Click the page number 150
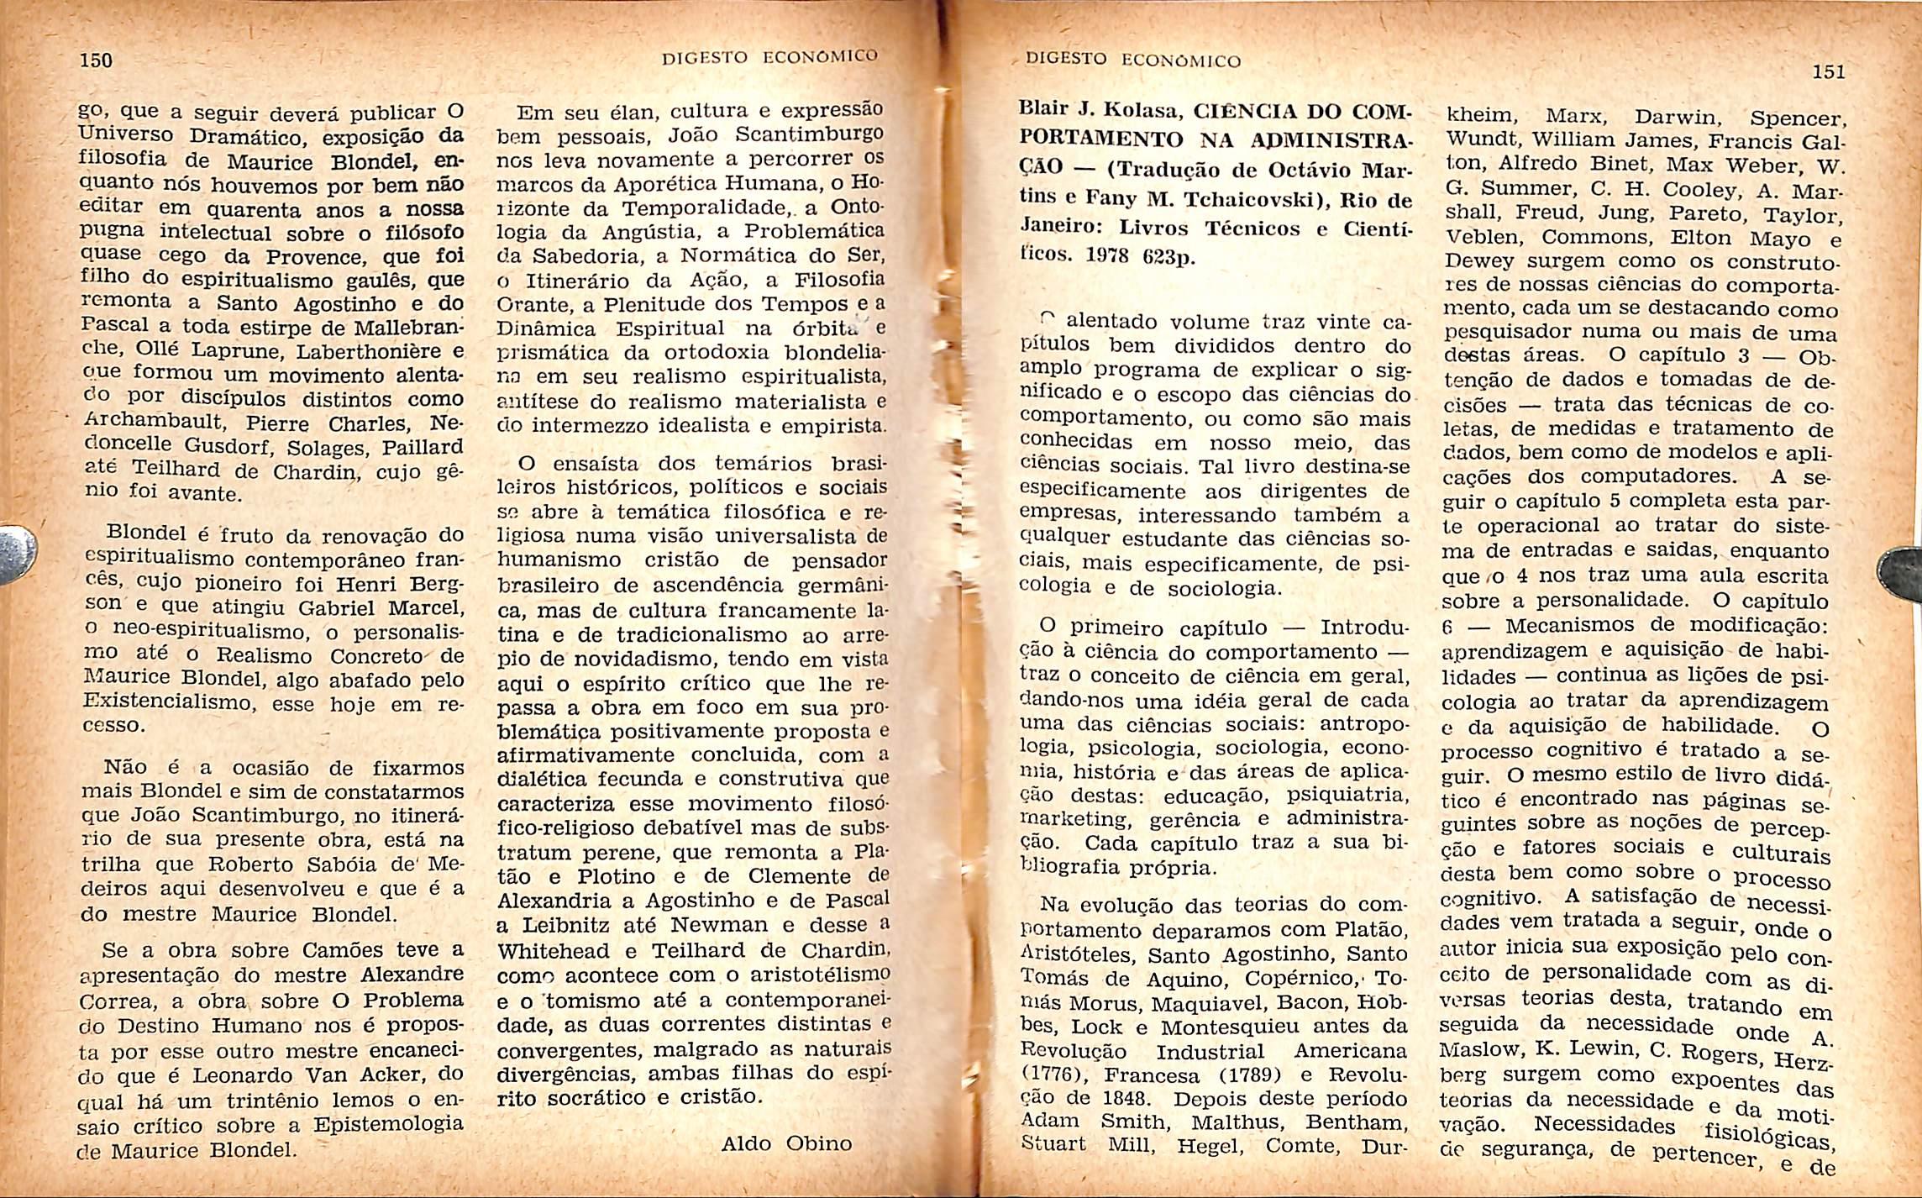tap(95, 60)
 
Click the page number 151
tap(1828, 72)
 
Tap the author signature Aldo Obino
tap(786, 1143)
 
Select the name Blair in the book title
tap(1042, 108)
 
